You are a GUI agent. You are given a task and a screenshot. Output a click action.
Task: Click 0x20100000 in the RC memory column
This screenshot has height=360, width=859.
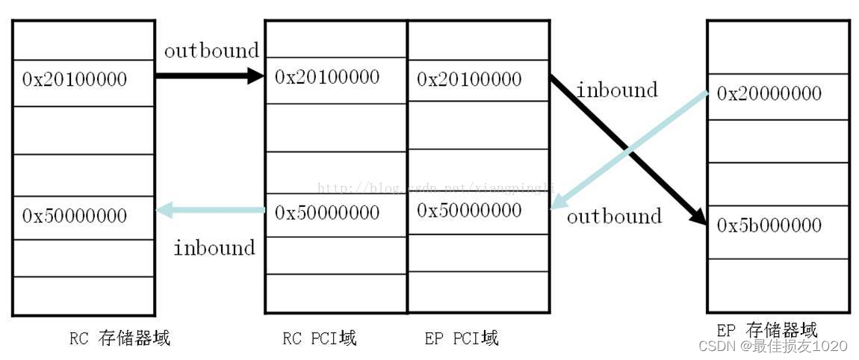[75, 79]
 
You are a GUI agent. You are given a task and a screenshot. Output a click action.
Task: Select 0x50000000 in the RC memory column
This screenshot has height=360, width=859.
[75, 216]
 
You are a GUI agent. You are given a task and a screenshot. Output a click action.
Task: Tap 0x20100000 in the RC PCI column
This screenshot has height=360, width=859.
[327, 77]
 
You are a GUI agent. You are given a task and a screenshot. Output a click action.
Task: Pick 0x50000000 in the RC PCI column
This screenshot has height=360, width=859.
[327, 213]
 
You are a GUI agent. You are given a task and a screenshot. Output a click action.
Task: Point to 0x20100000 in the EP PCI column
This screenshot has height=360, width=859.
[469, 78]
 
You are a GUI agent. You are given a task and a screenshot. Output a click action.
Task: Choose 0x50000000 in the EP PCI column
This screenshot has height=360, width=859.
[469, 211]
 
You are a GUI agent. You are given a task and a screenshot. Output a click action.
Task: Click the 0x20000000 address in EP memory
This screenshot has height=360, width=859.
[769, 93]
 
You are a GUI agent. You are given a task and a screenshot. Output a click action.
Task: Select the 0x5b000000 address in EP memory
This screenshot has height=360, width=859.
[769, 226]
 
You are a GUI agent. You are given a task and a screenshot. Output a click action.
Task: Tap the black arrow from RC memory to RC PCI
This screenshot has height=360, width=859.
[209, 75]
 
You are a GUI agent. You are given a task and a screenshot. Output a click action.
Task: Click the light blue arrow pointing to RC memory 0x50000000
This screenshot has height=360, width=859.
[209, 211]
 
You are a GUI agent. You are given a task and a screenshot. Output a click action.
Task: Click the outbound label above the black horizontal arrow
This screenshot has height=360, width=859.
[211, 51]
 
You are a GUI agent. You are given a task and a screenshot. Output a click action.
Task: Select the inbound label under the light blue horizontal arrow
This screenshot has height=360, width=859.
[214, 247]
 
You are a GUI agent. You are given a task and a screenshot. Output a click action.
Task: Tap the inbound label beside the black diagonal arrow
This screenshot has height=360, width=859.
[617, 90]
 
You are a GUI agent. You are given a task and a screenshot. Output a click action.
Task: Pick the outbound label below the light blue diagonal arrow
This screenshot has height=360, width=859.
[614, 217]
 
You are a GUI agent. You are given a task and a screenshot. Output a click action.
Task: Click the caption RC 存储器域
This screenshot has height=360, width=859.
[120, 338]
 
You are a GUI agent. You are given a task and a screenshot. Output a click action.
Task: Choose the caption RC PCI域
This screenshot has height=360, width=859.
[320, 338]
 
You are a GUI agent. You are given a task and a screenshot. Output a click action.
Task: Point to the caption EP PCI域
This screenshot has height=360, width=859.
[461, 338]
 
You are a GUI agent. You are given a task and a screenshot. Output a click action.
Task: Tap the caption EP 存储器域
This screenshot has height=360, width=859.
[766, 330]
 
